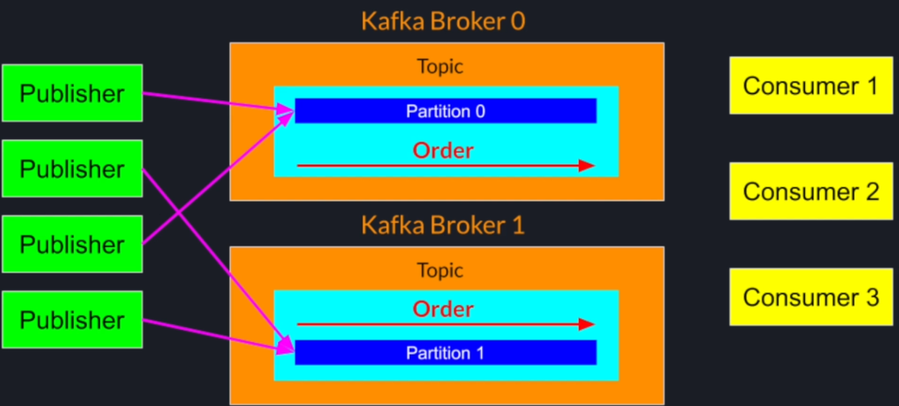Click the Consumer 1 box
[x=811, y=85]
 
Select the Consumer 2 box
[x=811, y=191]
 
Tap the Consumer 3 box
[x=811, y=297]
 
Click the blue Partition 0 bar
[x=445, y=111]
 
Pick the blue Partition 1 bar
[x=445, y=353]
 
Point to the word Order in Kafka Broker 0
[x=443, y=150]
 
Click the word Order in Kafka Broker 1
[x=443, y=309]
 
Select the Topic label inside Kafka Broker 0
[x=440, y=66]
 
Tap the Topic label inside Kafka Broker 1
[x=440, y=270]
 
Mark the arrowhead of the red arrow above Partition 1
[x=587, y=325]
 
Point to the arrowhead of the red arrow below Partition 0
[x=587, y=166]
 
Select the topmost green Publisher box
[x=72, y=93]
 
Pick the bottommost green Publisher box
[x=72, y=320]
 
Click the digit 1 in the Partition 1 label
[x=479, y=353]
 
